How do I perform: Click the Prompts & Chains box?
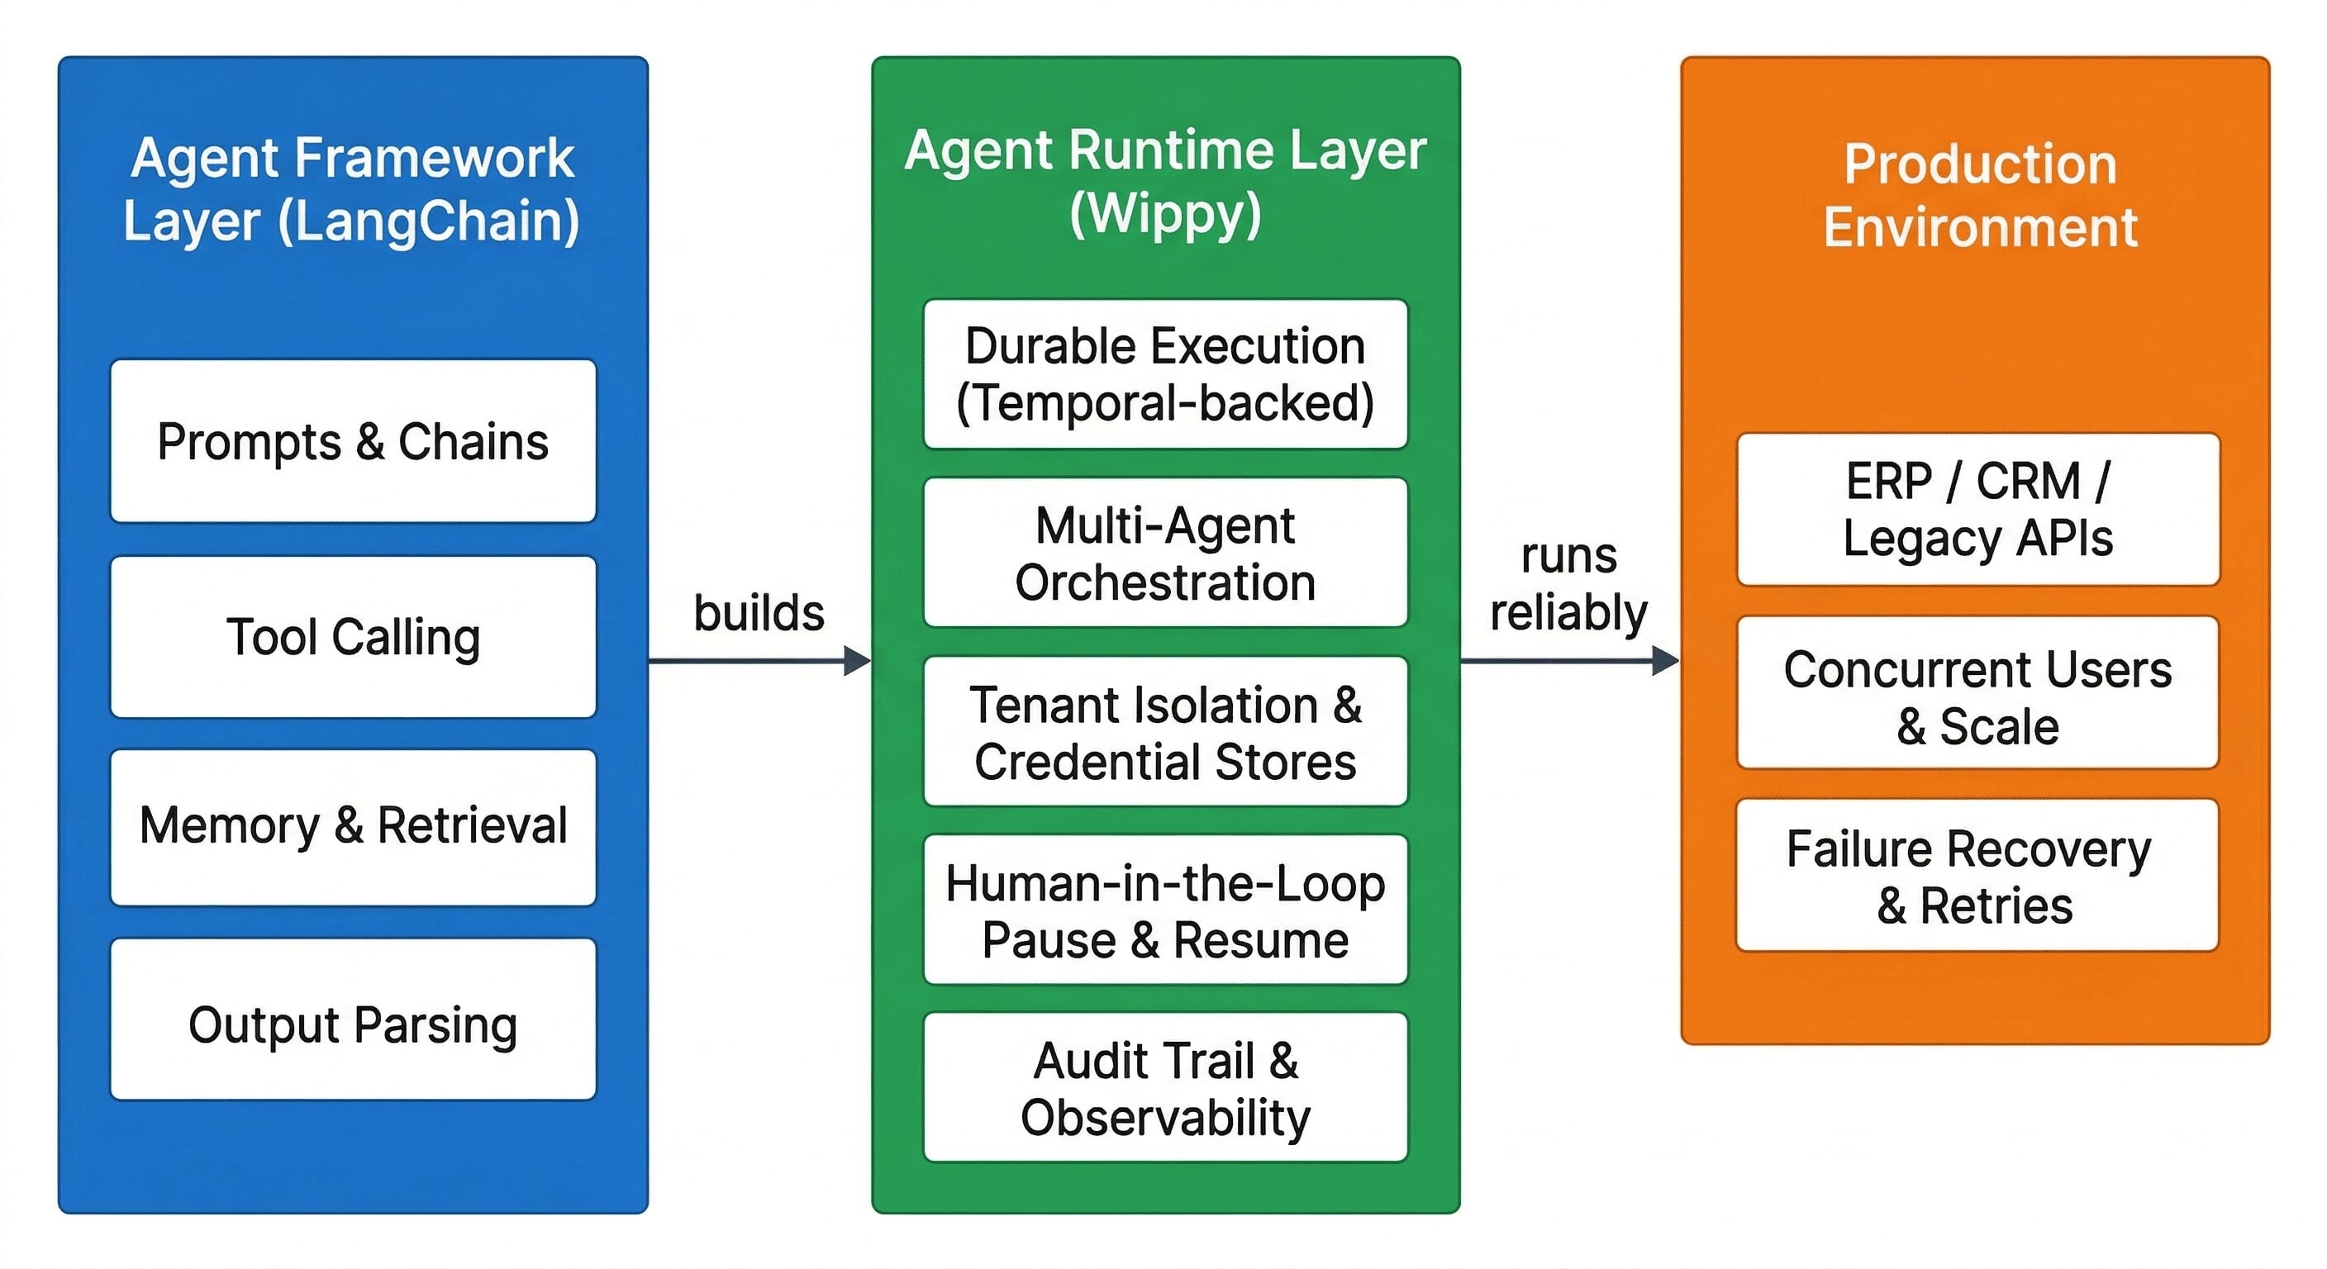352,441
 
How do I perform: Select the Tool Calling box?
352,637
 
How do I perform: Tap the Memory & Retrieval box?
352,826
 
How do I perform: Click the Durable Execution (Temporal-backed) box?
1165,374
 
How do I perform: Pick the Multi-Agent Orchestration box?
1165,553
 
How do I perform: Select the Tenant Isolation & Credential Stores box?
1165,732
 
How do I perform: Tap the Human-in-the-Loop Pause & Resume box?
1165,910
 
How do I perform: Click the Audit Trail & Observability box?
1165,1087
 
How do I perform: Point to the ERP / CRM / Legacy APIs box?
1977,510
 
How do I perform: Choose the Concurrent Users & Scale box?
1977,694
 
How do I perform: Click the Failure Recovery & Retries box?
1977,876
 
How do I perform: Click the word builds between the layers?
759,612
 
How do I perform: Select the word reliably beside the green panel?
1568,612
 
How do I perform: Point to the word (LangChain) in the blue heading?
429,222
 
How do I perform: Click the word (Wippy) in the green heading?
1165,215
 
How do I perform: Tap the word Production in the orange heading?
1980,164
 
